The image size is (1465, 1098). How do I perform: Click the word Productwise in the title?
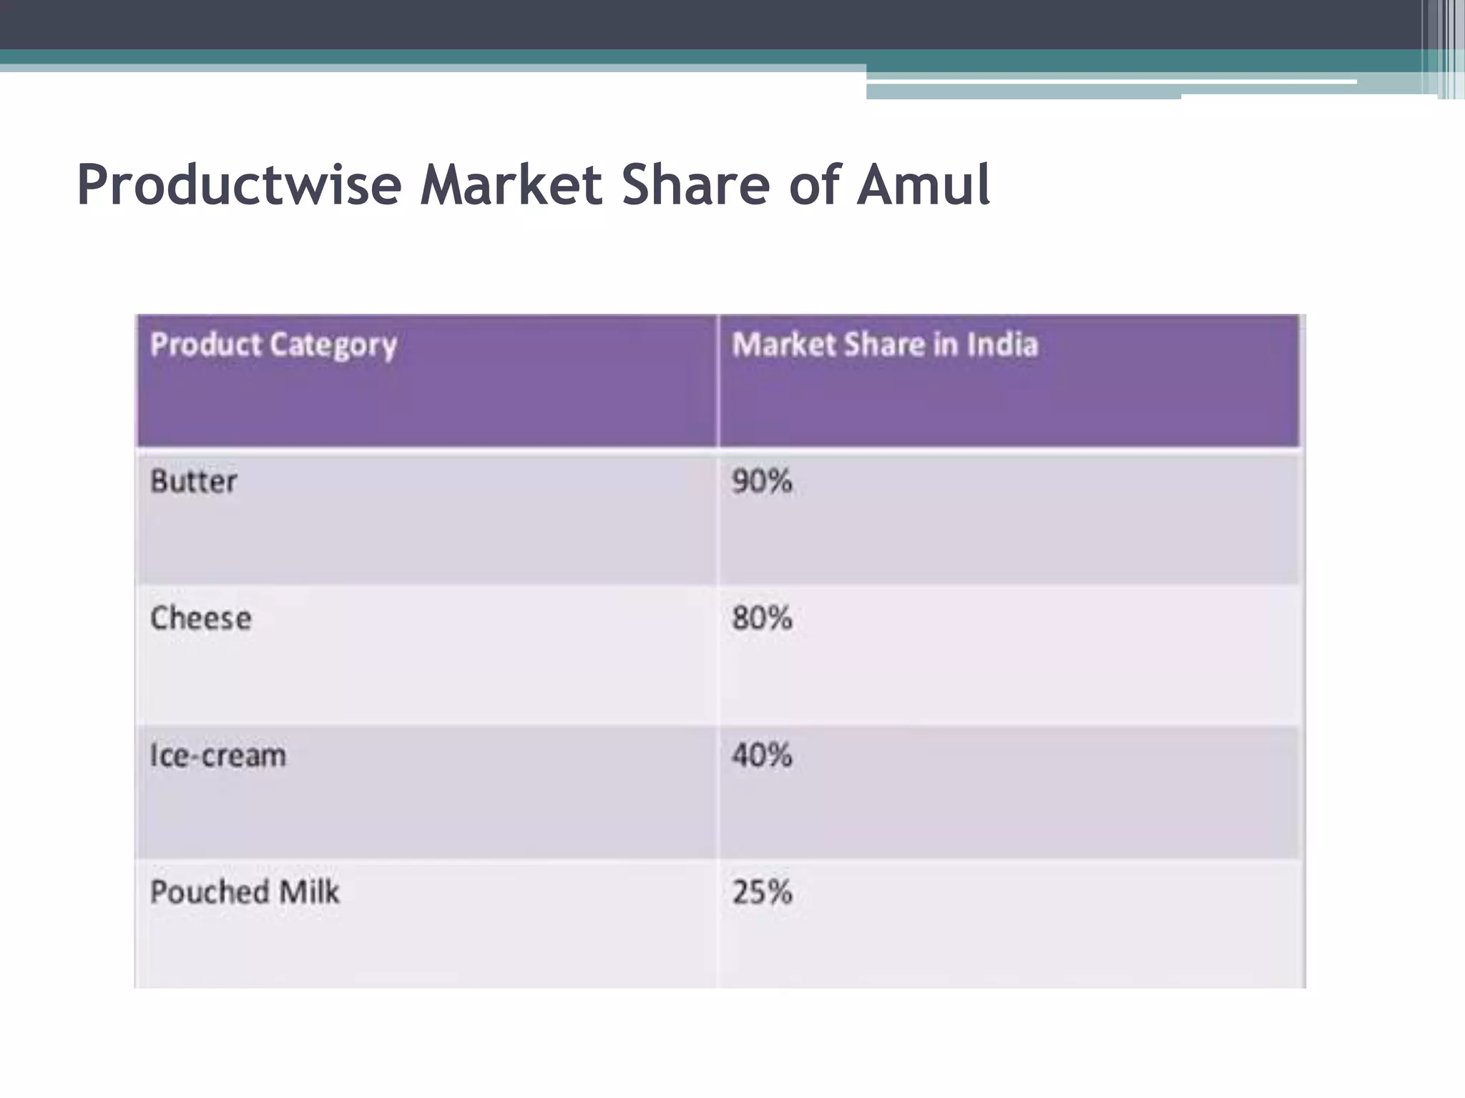tap(239, 185)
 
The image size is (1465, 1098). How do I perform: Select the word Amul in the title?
tap(923, 185)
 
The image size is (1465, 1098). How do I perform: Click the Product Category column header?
tap(273, 345)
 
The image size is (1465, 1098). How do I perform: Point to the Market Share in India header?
tap(884, 345)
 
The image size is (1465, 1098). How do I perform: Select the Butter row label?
tap(193, 481)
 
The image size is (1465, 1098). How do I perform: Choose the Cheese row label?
tap(200, 618)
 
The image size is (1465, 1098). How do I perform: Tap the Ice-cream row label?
tap(217, 756)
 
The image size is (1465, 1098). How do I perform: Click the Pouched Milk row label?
tap(245, 892)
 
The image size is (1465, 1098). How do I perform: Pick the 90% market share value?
tap(762, 481)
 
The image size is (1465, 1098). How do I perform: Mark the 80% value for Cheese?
tap(762, 618)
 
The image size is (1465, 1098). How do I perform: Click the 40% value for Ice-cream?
tap(762, 756)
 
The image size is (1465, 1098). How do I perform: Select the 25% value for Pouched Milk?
tap(762, 892)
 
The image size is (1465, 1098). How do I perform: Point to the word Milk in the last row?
tap(309, 892)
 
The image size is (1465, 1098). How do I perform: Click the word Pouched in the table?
tap(210, 892)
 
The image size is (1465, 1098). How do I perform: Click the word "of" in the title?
tap(813, 185)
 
